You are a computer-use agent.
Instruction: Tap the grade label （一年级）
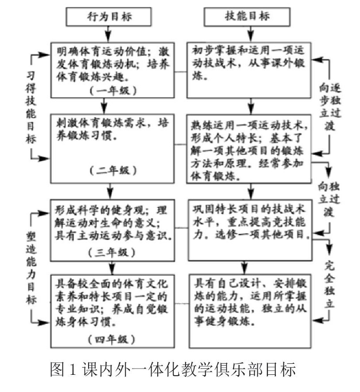(112, 91)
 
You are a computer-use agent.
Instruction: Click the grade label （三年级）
(112, 253)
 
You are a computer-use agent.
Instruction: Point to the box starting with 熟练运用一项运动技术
(250, 150)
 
